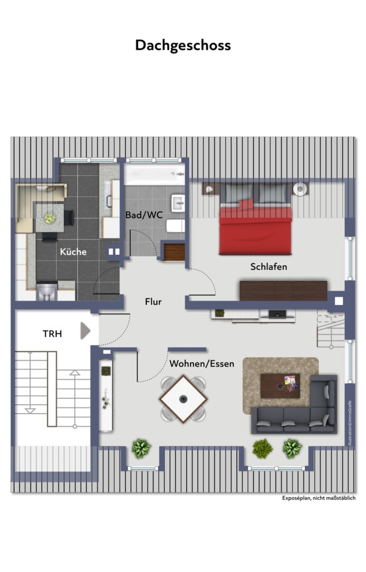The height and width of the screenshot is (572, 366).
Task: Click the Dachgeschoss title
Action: [x=183, y=46]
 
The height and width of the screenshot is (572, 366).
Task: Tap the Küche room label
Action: [x=73, y=252]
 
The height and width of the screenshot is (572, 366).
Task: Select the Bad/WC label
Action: [x=144, y=215]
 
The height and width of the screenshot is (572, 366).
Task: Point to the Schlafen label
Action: [x=269, y=266]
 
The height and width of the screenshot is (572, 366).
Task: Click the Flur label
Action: [x=153, y=302]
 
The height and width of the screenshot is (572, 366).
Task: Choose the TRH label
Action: [x=52, y=334]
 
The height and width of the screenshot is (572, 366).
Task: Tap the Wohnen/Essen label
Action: [x=202, y=364]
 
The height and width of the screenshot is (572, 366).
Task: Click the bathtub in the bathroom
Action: [x=155, y=174]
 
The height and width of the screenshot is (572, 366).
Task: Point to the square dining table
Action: [x=183, y=399]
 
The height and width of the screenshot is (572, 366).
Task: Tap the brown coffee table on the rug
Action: [x=280, y=386]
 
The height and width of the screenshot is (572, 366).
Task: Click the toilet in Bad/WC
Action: [x=176, y=226]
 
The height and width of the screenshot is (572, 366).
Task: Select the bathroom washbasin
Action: [x=178, y=202]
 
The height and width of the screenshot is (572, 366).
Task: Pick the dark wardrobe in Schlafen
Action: [x=283, y=290]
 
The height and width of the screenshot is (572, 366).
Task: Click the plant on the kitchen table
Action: [x=50, y=218]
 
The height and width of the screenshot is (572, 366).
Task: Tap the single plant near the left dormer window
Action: [x=141, y=449]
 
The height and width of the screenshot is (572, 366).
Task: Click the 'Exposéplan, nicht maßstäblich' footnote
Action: [x=318, y=498]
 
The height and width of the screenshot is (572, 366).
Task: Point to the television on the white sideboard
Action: [x=277, y=314]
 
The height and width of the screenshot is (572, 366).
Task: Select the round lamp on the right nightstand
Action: [x=300, y=189]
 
